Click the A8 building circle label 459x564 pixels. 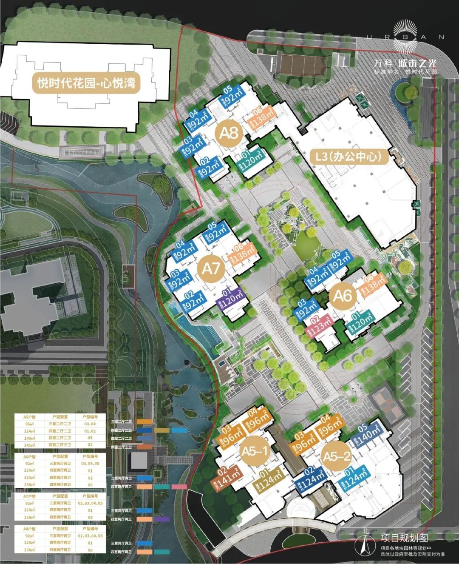point(229,133)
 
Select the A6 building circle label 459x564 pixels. point(343,295)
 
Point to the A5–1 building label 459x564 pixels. point(255,451)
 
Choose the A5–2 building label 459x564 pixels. point(337,457)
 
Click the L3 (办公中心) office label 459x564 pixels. point(348,157)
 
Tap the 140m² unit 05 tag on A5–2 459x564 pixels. point(368,433)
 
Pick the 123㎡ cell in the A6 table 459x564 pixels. point(29,478)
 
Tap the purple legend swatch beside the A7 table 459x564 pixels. point(162,519)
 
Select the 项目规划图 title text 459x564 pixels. point(404,538)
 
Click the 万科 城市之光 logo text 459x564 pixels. point(405,63)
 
